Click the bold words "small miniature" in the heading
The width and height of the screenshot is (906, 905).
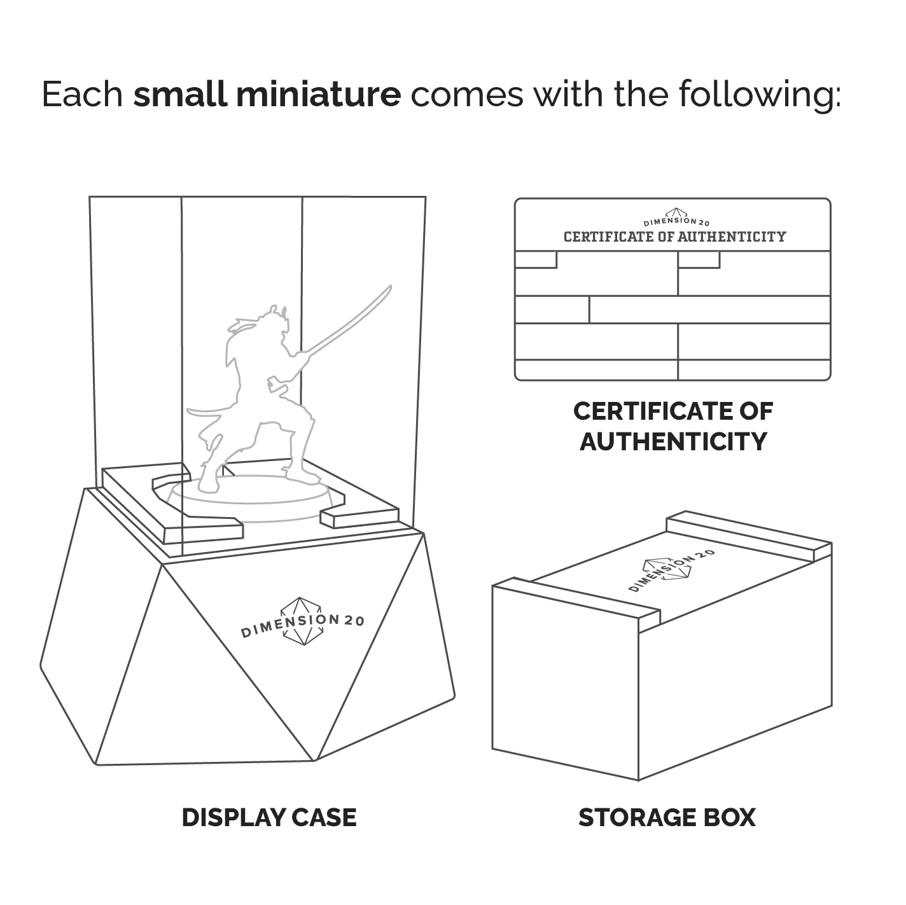pyautogui.click(x=267, y=94)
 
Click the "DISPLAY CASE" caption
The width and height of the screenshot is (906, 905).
pyautogui.click(x=269, y=817)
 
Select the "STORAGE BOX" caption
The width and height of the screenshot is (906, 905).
pyautogui.click(x=667, y=817)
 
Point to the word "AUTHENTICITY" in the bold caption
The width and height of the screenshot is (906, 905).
pyautogui.click(x=673, y=441)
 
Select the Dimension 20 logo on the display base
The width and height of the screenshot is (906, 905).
pyautogui.click(x=302, y=621)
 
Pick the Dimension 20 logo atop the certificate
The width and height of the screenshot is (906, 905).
pyautogui.click(x=676, y=218)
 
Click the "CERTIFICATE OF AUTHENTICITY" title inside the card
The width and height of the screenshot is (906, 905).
pyautogui.click(x=674, y=237)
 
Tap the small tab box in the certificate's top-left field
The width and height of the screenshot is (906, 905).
pyautogui.click(x=536, y=259)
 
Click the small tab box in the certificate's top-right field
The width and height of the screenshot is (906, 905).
pyautogui.click(x=699, y=259)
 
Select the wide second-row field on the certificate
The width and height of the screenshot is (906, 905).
pyautogui.click(x=709, y=310)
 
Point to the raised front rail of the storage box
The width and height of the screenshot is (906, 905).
pyautogui.click(x=576, y=600)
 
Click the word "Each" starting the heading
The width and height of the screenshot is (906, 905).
pyautogui.click(x=83, y=94)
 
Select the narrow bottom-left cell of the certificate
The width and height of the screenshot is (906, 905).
pyautogui.click(x=596, y=370)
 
